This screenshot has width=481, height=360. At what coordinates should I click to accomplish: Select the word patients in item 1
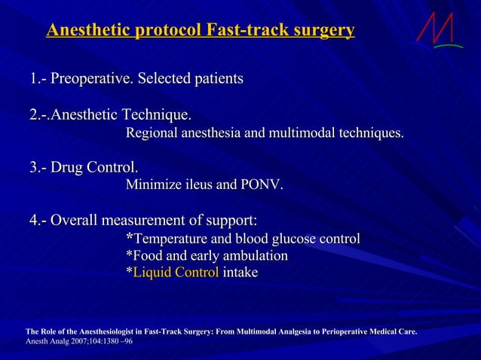tap(211, 78)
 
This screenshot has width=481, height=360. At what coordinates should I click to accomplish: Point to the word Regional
tap(154, 134)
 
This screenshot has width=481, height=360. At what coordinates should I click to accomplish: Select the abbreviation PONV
tap(262, 185)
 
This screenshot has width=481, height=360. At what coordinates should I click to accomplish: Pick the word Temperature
tap(170, 239)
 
